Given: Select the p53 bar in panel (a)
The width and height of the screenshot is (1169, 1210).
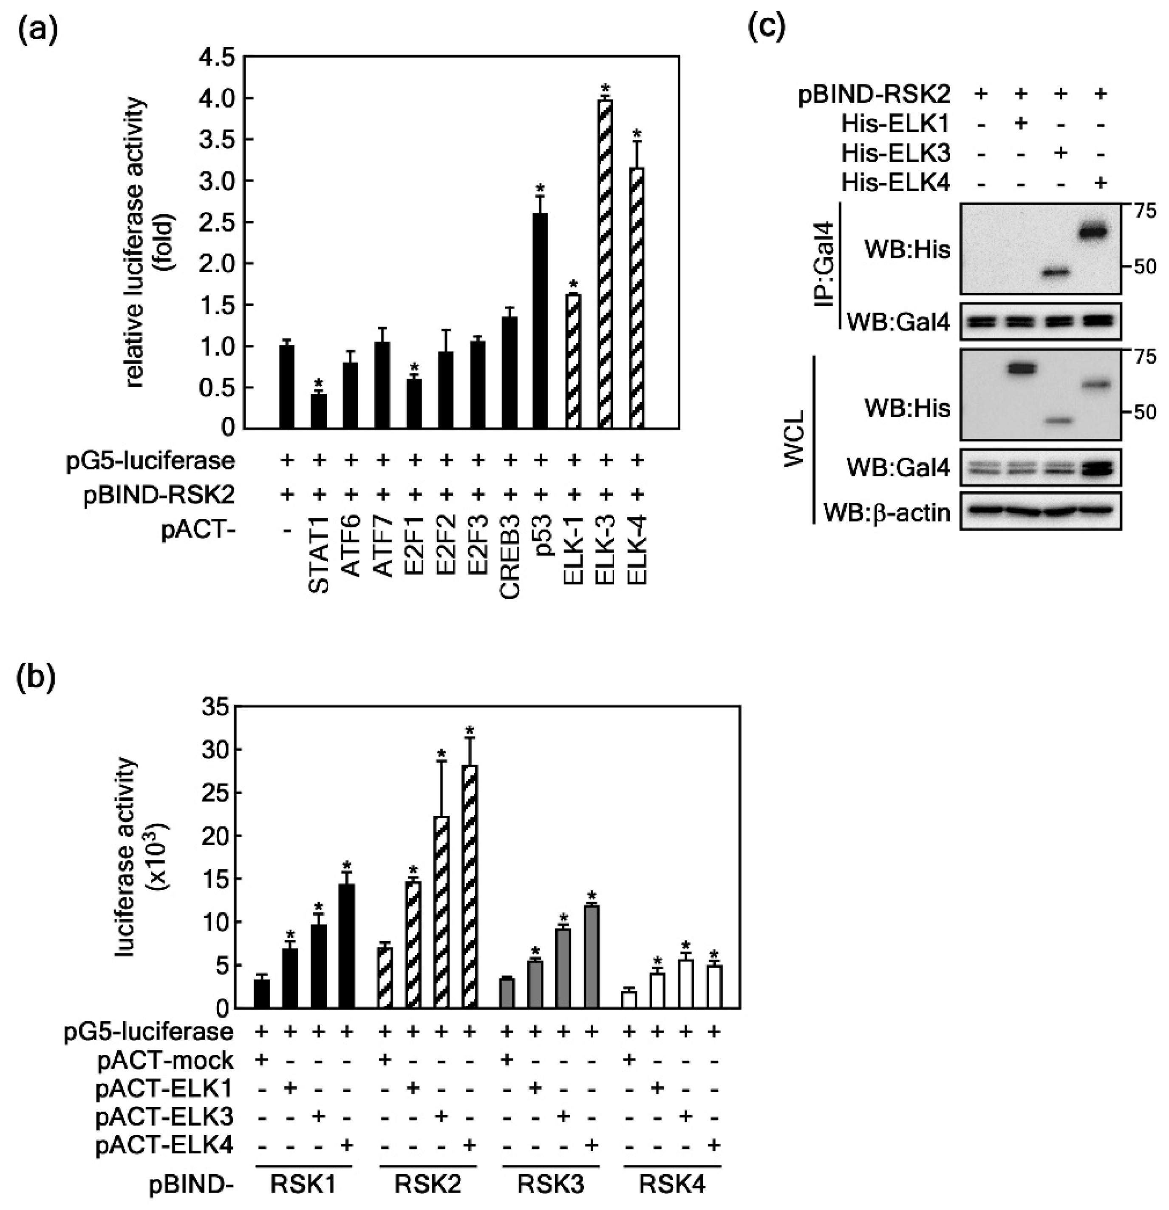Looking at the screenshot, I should [x=541, y=321].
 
